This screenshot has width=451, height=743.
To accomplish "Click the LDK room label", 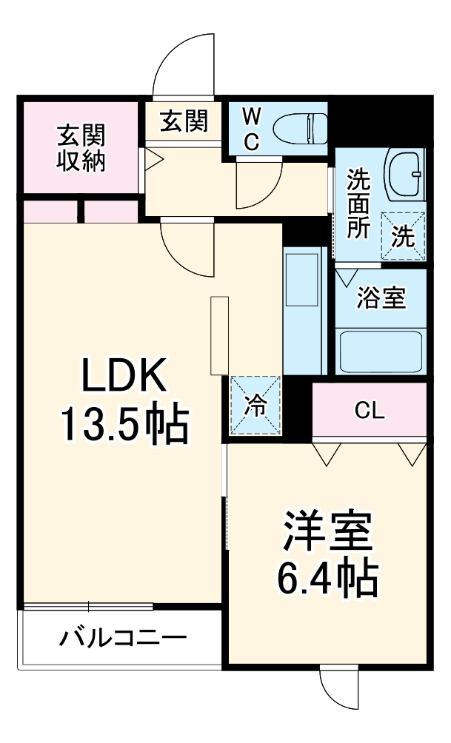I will click(x=123, y=377).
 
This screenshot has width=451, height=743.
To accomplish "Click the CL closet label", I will click(x=369, y=411).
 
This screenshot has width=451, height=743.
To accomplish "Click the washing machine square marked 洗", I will click(x=404, y=235).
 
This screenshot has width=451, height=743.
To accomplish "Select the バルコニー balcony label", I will click(x=124, y=638).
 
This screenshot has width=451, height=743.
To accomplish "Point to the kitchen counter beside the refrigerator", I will click(x=304, y=311).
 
